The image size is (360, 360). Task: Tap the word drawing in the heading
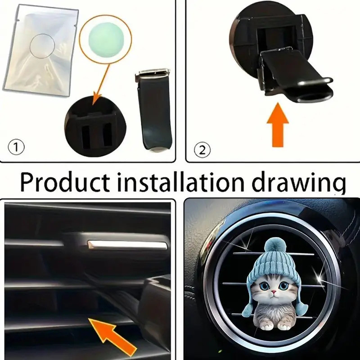(299, 183)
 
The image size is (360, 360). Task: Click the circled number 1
(16, 147)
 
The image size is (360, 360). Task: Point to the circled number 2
(202, 150)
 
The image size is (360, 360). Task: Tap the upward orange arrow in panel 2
(278, 125)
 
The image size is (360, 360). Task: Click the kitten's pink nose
(273, 292)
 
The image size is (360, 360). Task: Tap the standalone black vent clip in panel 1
(154, 110)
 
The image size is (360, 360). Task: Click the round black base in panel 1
(95, 126)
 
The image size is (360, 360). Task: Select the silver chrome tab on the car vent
(127, 245)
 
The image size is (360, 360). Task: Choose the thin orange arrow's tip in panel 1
(94, 104)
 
